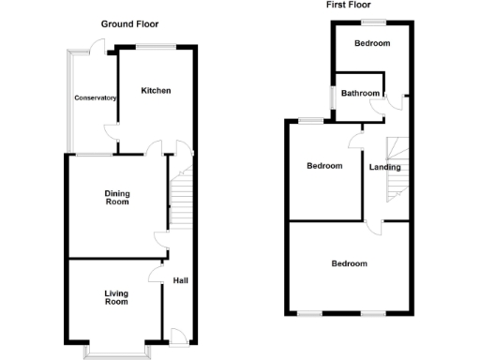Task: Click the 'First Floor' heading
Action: click(347, 5)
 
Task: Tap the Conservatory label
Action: click(95, 98)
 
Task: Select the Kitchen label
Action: click(156, 91)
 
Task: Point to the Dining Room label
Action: click(116, 198)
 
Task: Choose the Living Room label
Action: click(115, 298)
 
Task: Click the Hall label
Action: click(179, 280)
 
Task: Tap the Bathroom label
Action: click(360, 93)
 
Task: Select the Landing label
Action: click(384, 168)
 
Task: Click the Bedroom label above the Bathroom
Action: click(372, 44)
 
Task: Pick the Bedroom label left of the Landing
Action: click(324, 166)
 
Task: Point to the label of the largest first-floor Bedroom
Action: click(349, 263)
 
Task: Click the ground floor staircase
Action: click(180, 197)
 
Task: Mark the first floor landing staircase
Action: click(397, 167)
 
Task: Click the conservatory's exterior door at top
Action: click(95, 46)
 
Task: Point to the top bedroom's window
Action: click(375, 22)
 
